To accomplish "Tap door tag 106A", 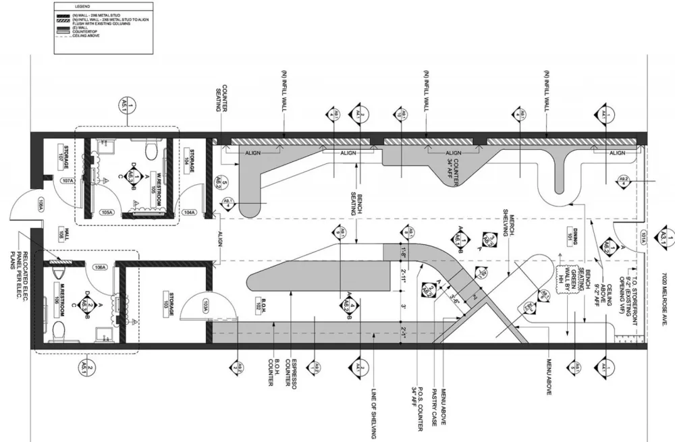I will click(101, 268).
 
